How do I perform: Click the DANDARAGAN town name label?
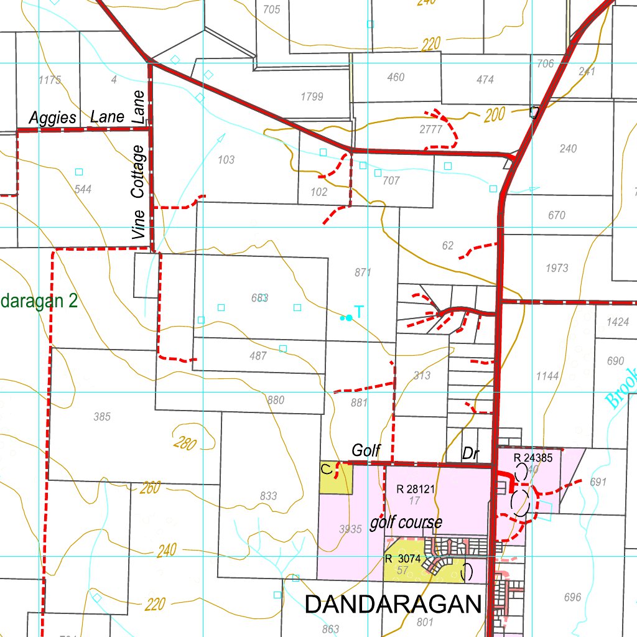pos(394,604)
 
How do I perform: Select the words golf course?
pos(406,522)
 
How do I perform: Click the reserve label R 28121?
pos(416,489)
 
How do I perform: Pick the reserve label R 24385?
pos(533,458)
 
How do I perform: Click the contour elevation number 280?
pos(186,444)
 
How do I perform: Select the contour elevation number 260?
pos(150,488)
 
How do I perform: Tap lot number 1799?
pos(311,96)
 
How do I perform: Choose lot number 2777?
pos(430,129)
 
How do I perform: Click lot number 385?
pos(102,417)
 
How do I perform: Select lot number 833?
pos(268,496)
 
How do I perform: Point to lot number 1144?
pos(547,376)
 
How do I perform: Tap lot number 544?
pos(83,189)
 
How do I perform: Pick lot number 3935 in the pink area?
pos(351,529)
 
